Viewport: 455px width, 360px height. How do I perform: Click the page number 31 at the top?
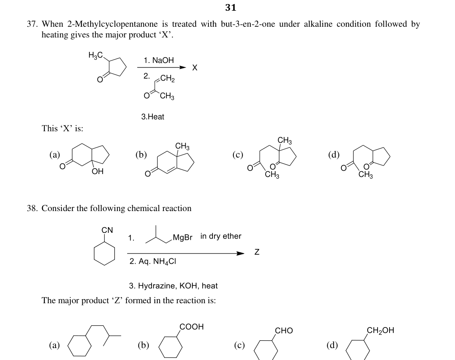point(231,7)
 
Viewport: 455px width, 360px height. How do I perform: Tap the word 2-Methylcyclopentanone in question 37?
point(112,24)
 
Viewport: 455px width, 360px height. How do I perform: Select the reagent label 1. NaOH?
point(159,60)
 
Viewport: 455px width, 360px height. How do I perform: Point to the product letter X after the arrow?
point(195,67)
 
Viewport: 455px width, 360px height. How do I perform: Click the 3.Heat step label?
point(153,117)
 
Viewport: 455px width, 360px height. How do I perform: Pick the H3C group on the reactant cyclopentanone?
point(96,55)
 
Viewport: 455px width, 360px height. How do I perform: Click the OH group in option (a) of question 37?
point(98,171)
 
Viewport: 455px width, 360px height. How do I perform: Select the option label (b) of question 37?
point(141,155)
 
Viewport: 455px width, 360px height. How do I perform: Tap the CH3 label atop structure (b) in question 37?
point(182,146)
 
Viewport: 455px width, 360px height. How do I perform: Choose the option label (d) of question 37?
point(334,155)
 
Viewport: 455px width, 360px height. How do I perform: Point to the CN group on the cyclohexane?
point(107,230)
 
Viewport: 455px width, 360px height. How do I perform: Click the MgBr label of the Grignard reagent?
point(182,237)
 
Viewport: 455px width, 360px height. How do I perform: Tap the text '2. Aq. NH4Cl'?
point(153,261)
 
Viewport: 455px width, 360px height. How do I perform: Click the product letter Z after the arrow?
point(257,252)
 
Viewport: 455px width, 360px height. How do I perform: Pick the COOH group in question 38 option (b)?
point(191,327)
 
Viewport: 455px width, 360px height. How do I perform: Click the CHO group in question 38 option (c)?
point(284,330)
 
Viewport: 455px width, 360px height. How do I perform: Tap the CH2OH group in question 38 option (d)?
point(380,330)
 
